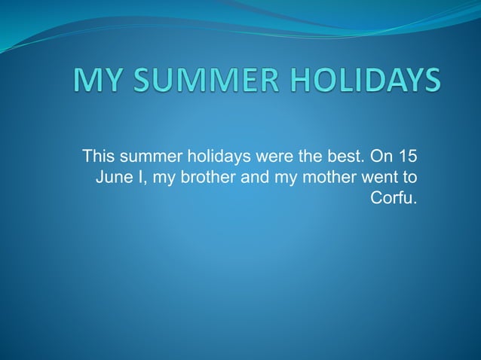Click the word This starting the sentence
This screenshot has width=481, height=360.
97,157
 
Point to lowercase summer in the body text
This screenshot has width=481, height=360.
147,157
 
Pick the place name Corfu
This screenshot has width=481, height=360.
394,199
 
